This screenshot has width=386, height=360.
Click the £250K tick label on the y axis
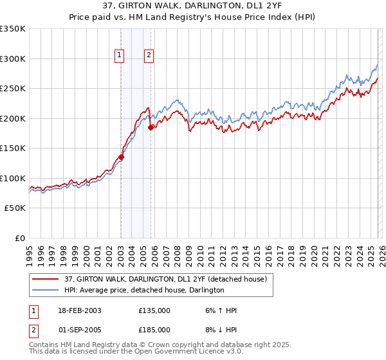[12, 89]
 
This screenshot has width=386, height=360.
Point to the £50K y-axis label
[14, 208]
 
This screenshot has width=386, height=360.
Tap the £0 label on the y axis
[19, 238]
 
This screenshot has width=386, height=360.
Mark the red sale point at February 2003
[121, 157]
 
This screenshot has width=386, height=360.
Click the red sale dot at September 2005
[151, 127]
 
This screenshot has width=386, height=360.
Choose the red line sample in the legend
[46, 278]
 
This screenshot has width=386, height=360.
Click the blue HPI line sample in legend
[46, 290]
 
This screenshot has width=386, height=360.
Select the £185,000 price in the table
[154, 329]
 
